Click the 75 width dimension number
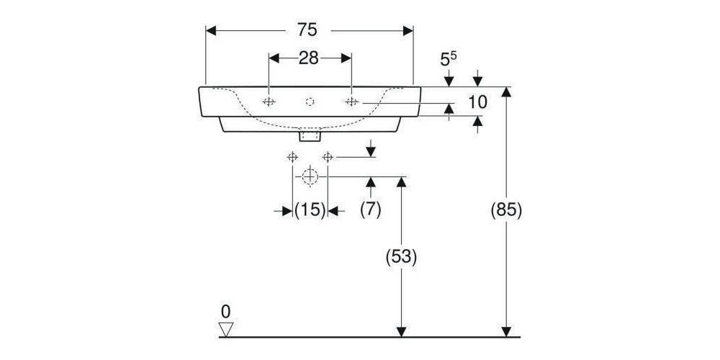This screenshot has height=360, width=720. (x=307, y=30)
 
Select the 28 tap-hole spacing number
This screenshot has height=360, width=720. (x=309, y=58)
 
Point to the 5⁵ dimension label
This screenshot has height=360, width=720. (x=449, y=58)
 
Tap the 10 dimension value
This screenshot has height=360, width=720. (x=477, y=102)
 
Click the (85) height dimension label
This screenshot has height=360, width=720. (x=505, y=210)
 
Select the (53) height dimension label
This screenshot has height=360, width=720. (x=401, y=256)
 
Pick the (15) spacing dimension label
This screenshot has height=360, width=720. (x=310, y=210)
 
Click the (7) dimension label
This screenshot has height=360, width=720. (x=371, y=210)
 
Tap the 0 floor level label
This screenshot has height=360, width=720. (x=225, y=312)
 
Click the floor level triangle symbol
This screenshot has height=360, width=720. (x=227, y=330)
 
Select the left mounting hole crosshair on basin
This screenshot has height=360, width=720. (x=269, y=102)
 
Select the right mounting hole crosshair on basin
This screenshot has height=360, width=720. (x=351, y=102)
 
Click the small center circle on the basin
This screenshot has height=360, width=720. (x=310, y=102)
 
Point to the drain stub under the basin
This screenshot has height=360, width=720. (x=310, y=135)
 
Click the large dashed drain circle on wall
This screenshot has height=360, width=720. (x=310, y=176)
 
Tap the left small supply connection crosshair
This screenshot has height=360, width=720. (x=292, y=157)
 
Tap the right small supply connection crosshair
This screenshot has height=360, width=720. (x=328, y=157)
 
